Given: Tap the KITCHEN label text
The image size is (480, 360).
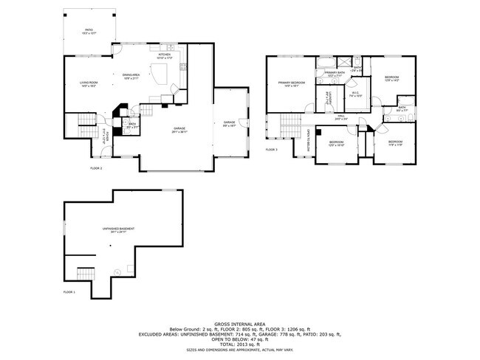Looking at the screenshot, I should pyautogui.click(x=164, y=55).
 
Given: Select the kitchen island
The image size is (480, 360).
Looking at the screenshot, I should pyautogui.click(x=161, y=72).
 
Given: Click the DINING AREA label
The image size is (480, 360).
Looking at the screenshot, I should pyautogui.click(x=132, y=75).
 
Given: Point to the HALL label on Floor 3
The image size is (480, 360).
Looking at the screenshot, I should pyautogui.click(x=342, y=116).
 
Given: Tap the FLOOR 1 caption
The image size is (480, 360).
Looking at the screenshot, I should pyautogui.click(x=71, y=293).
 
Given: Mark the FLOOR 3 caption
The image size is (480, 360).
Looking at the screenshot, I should pyautogui.click(x=272, y=150).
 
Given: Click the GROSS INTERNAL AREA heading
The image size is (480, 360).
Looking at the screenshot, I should pyautogui.click(x=239, y=324).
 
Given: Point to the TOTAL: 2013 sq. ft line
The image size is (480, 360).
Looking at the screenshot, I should pyautogui.click(x=239, y=343).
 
